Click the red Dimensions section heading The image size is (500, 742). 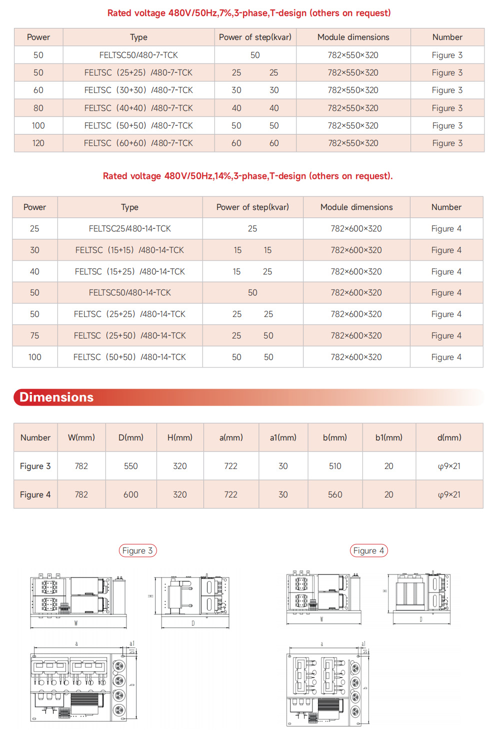pyautogui.click(x=56, y=397)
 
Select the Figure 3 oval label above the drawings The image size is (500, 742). pyautogui.click(x=137, y=550)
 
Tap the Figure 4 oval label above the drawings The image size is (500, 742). pyautogui.click(x=368, y=550)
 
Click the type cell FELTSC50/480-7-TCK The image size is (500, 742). pyautogui.click(x=138, y=55)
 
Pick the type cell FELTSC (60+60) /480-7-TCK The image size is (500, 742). pyautogui.click(x=138, y=143)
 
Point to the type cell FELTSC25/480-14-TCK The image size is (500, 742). pyautogui.click(x=130, y=228)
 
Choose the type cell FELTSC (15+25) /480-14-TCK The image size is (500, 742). pyautogui.click(x=130, y=271)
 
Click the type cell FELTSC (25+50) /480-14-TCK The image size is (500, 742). pyautogui.click(x=130, y=335)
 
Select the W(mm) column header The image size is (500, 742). pyautogui.click(x=81, y=437)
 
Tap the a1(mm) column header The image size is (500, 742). pyautogui.click(x=283, y=437)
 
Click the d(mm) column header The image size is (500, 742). pyautogui.click(x=449, y=437)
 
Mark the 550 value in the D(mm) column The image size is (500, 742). pyautogui.click(x=131, y=466)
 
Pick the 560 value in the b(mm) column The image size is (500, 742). pyautogui.click(x=335, y=494)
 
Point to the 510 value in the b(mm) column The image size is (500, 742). pyautogui.click(x=335, y=466)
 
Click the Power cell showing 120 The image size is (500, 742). pyautogui.click(x=38, y=143)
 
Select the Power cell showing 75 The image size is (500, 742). pyautogui.click(x=34, y=335)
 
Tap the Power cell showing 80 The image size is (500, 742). pyautogui.click(x=38, y=108)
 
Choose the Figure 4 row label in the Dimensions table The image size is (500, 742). pyautogui.click(x=35, y=494)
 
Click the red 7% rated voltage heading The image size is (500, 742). pyautogui.click(x=249, y=13)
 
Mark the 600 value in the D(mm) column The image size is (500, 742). pyautogui.click(x=131, y=494)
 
